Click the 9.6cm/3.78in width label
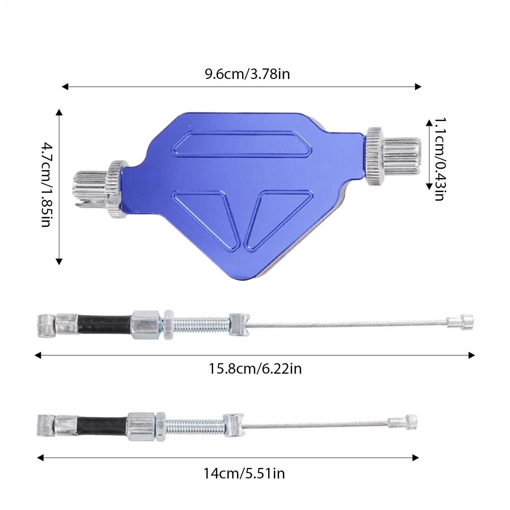click(x=247, y=74)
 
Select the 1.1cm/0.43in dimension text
click(x=440, y=159)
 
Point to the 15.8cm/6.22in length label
click(x=255, y=369)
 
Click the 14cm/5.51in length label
click(x=244, y=473)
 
